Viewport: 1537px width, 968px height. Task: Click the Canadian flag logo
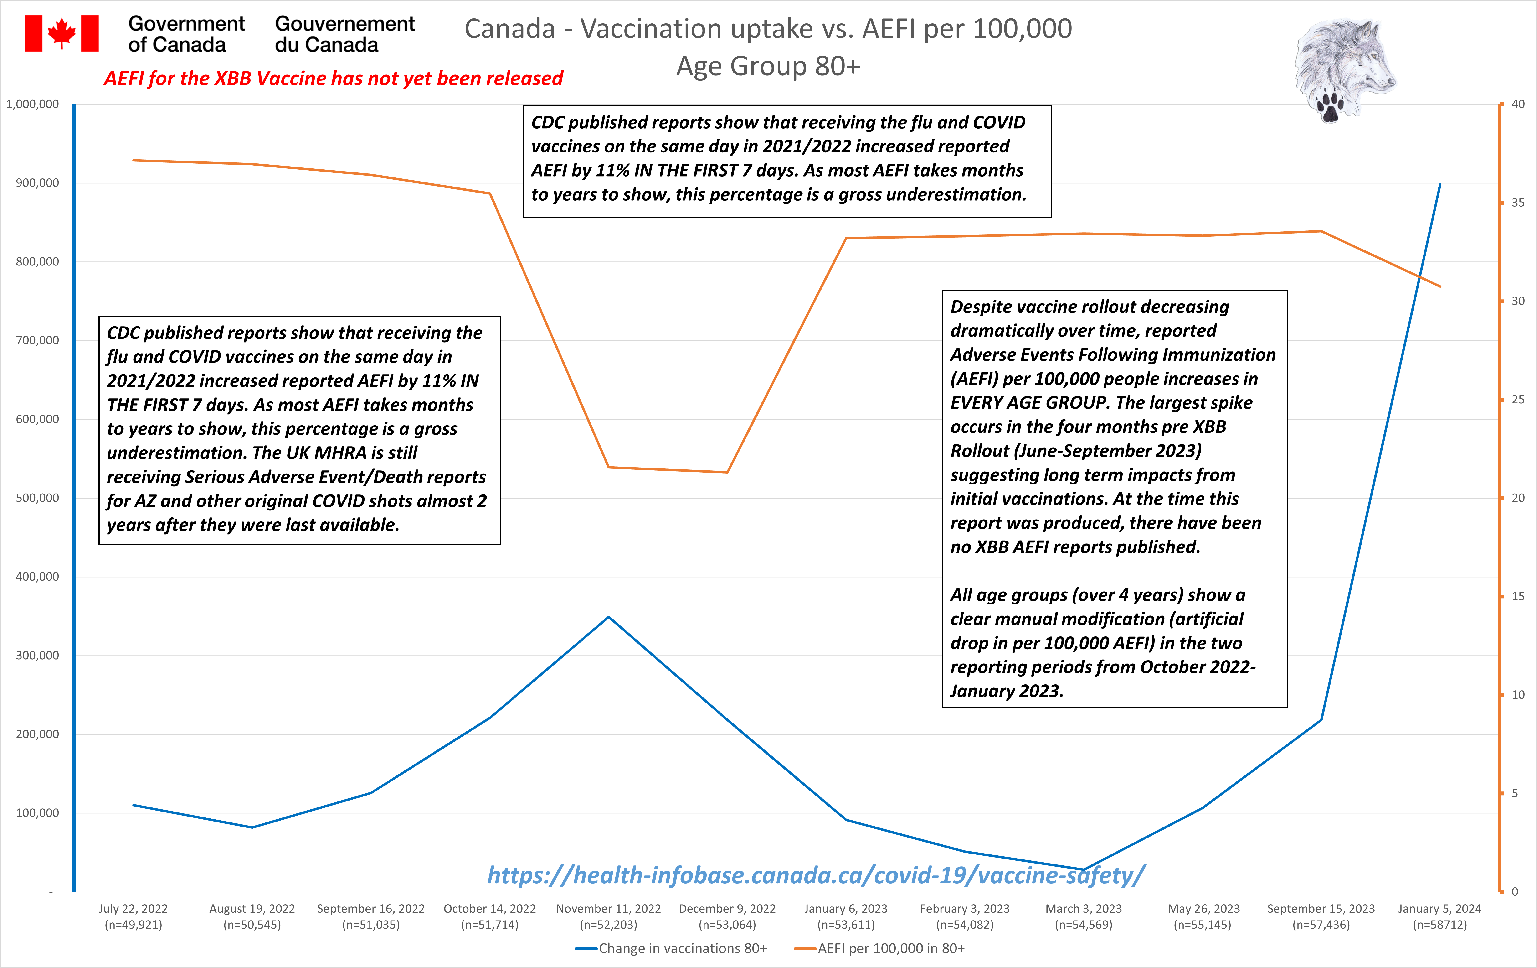coord(61,33)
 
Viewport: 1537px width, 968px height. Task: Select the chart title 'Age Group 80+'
coord(769,66)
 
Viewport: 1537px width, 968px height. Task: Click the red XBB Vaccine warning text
coord(333,78)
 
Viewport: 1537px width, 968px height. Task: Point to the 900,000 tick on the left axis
coord(37,183)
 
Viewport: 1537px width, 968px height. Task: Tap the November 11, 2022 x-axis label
coord(608,916)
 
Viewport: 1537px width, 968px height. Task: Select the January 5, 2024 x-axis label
coord(1439,916)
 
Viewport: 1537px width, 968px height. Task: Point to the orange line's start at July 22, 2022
coord(134,160)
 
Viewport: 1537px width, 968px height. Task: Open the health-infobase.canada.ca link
coord(816,875)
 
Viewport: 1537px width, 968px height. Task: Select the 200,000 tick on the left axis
coord(37,734)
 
